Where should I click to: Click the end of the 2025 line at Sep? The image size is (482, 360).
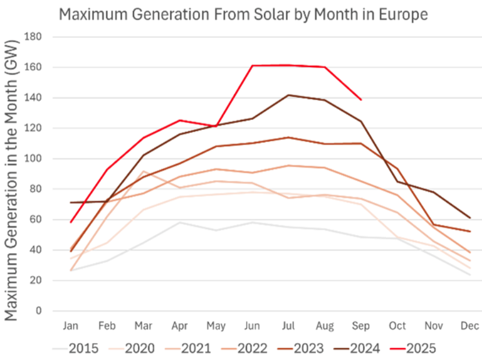pos(361,100)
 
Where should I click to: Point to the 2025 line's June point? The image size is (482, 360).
pos(252,66)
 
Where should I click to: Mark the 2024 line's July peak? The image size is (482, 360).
pos(289,95)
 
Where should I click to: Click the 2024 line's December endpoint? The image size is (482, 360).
pos(470,218)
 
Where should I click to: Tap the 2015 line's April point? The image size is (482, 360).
pos(180,222)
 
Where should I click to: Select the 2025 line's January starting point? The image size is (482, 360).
pos(71,222)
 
